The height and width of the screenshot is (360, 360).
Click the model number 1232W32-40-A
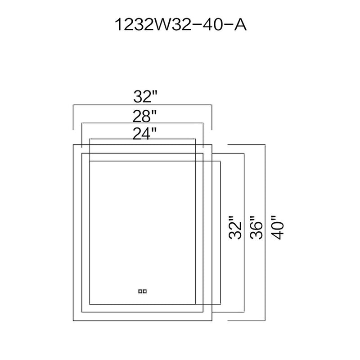pyautogui.click(x=180, y=25)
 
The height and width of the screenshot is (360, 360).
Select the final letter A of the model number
pyautogui.click(x=240, y=25)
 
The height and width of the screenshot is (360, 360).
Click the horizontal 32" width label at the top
pyautogui.click(x=145, y=96)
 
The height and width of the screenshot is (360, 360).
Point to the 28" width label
pyautogui.click(x=145, y=116)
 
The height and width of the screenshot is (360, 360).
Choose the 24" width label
pyautogui.click(x=145, y=134)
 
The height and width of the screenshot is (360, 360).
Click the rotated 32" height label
pyautogui.click(x=235, y=228)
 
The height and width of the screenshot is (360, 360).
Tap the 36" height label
pyautogui.click(x=256, y=228)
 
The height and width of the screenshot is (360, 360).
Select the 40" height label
pyautogui.click(x=277, y=228)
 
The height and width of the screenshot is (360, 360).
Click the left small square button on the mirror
pyautogui.click(x=140, y=291)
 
